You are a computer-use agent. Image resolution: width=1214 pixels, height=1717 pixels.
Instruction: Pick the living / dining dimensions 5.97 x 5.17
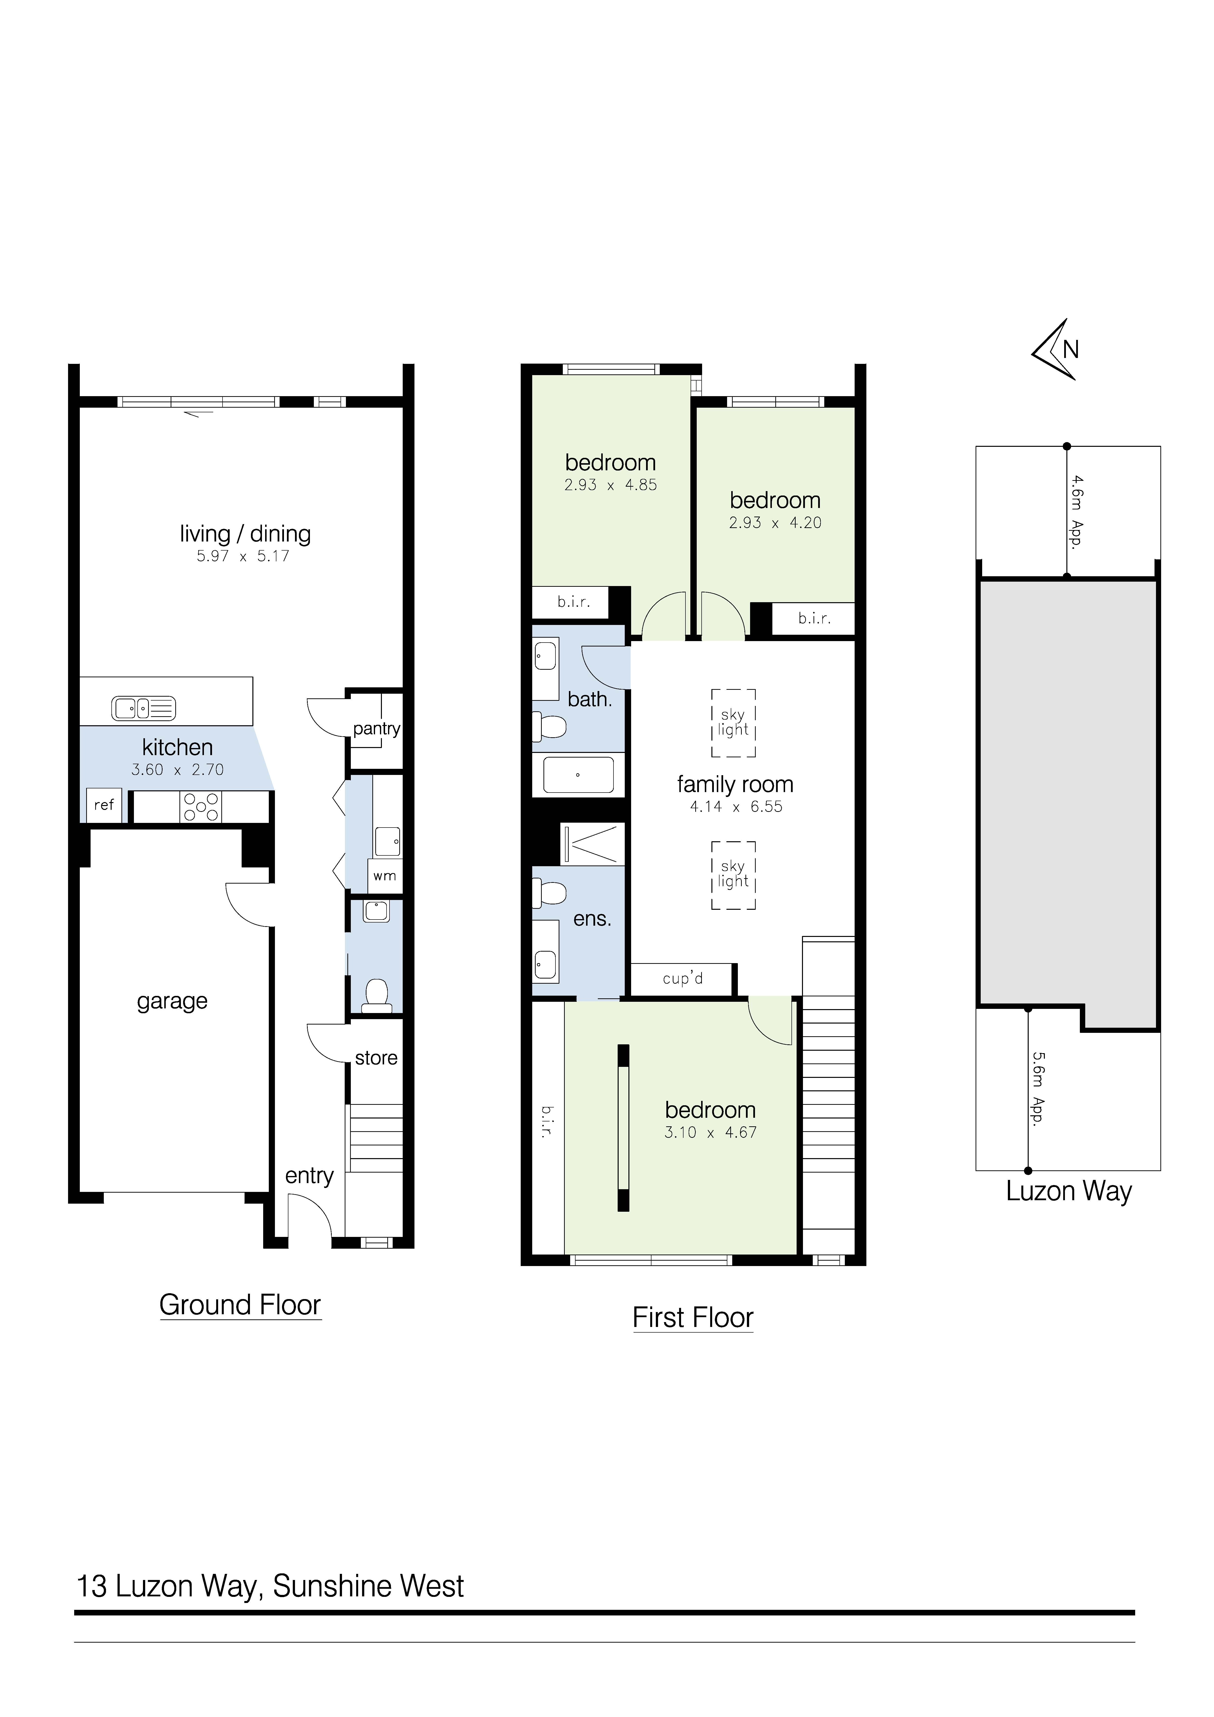pos(243,556)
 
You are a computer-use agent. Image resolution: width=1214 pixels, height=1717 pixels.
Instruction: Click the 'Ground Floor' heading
pos(240,1305)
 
